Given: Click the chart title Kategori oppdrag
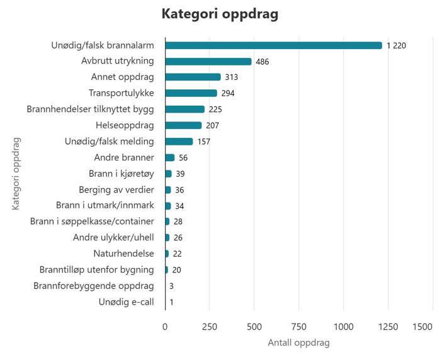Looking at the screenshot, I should coord(220,14).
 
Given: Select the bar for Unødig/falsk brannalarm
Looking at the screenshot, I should coord(274,45).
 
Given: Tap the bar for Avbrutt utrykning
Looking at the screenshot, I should coord(208,62).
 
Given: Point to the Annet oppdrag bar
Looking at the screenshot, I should coord(193,77).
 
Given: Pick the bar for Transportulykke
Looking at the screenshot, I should coord(191,93).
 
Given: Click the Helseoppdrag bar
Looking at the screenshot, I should coord(184,125).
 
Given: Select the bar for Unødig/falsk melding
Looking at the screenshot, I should coord(179,142).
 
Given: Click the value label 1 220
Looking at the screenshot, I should coord(397,46).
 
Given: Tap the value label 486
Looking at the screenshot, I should coord(263,62).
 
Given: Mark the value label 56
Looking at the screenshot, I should coord(184,157).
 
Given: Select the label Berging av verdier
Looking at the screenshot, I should coord(116,189).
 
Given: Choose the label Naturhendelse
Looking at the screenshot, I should coord(123,254).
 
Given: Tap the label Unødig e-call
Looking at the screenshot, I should coord(127,302).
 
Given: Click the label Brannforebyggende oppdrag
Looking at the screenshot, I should coord(94,286).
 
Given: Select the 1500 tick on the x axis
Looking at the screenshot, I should coord(423,327).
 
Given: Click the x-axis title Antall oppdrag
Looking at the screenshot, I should coord(298,343).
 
